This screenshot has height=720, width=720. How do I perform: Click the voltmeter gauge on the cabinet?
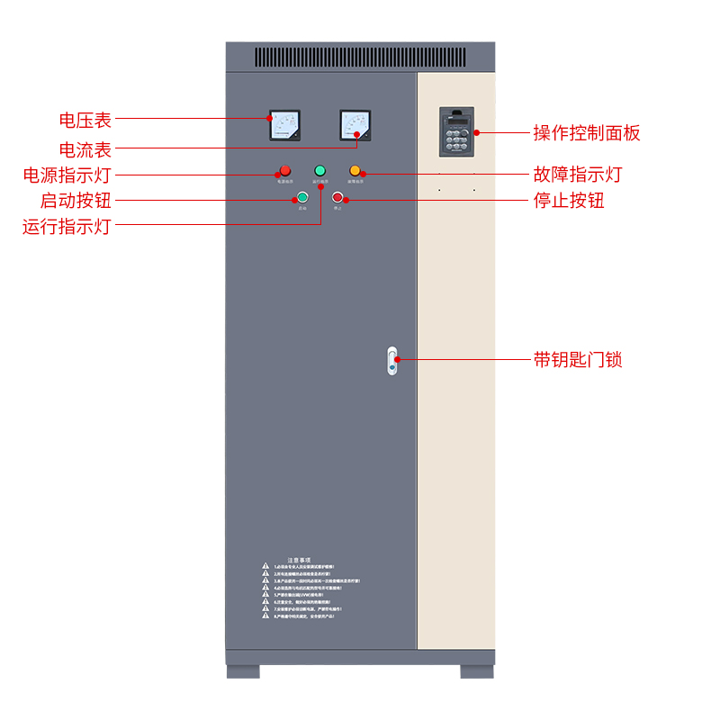coord(284,125)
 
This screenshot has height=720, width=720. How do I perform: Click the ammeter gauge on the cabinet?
coord(355,125)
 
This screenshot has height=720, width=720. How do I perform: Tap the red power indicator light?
coord(285,170)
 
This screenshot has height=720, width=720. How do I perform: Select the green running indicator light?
coord(319,170)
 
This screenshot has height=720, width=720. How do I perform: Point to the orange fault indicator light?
coord(355,170)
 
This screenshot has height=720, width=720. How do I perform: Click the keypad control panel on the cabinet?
coord(457,132)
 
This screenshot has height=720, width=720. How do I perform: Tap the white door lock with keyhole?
coord(391,360)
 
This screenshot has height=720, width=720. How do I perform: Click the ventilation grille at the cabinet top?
coord(360,58)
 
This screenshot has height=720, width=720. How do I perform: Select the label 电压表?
coord(85,119)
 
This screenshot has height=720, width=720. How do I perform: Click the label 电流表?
coord(85,148)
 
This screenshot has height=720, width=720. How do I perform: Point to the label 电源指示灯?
coord(67,175)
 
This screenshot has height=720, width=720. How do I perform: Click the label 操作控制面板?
coord(587,133)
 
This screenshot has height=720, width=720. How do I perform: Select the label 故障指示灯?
coord(578,174)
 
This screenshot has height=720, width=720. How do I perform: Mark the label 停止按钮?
coord(569,200)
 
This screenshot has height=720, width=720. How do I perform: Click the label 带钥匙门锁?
coord(578,360)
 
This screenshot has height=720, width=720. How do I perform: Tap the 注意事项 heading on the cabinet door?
coord(299,559)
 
